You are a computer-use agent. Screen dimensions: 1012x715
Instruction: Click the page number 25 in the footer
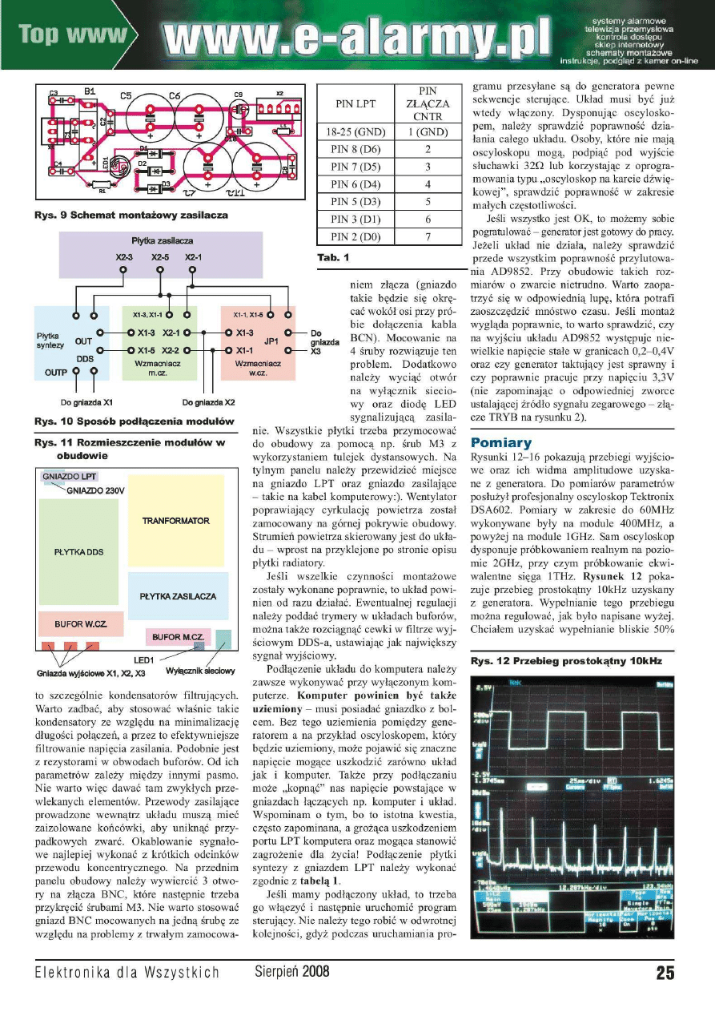(665, 973)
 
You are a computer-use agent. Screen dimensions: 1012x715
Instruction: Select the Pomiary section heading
(500, 442)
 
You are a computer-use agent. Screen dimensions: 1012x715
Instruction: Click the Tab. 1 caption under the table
(334, 258)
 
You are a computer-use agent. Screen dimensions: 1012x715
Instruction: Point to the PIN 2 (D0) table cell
(360, 236)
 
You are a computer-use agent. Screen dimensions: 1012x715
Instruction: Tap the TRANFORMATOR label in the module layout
(176, 521)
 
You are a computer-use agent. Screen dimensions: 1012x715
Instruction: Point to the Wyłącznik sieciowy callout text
(200, 671)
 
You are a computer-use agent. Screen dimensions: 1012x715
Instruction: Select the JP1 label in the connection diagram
(271, 340)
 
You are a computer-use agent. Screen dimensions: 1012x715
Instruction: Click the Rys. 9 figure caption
(131, 215)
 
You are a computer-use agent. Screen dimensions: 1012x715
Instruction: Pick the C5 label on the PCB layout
(126, 95)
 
